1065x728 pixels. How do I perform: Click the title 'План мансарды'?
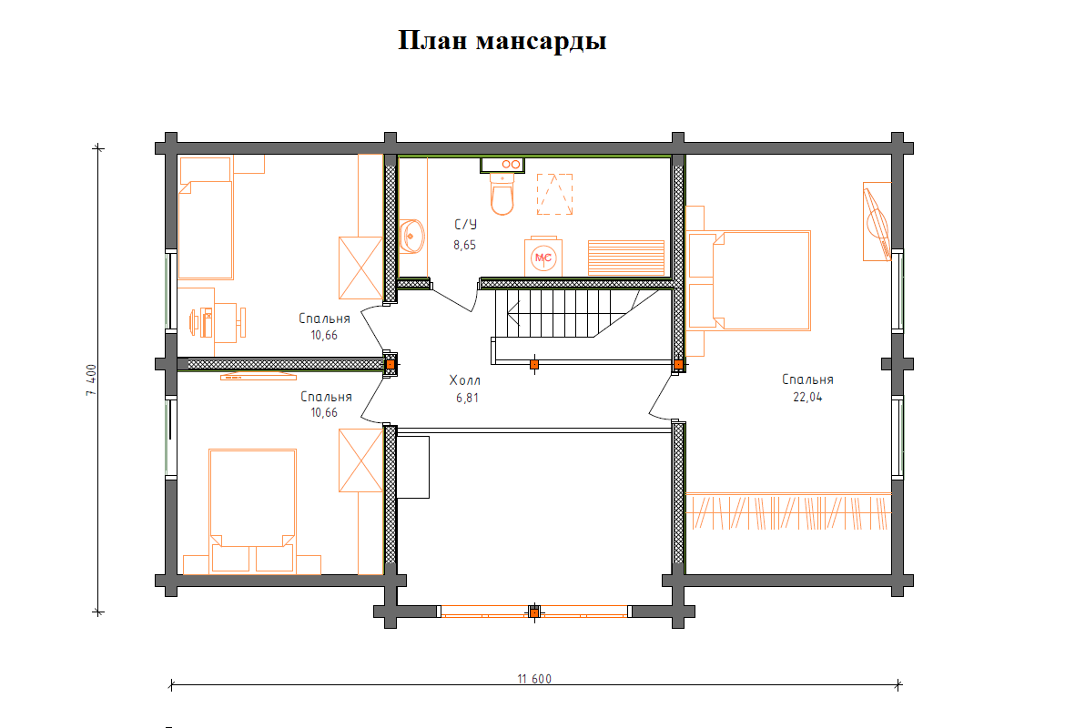pyautogui.click(x=502, y=41)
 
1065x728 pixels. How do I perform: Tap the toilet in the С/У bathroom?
pyautogui.click(x=502, y=195)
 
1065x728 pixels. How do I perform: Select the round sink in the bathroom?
pyautogui.click(x=411, y=236)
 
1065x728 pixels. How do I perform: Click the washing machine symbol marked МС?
pyautogui.click(x=543, y=258)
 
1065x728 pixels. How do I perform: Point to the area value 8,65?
pyautogui.click(x=464, y=245)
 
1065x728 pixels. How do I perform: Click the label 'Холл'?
pyautogui.click(x=464, y=380)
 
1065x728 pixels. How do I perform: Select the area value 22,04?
pyautogui.click(x=807, y=398)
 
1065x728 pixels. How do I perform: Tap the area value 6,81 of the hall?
pyautogui.click(x=467, y=398)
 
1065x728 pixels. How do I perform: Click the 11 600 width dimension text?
pyautogui.click(x=534, y=679)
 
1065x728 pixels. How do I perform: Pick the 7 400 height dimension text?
pyautogui.click(x=92, y=380)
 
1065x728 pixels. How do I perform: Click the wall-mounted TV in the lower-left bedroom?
pyautogui.click(x=259, y=376)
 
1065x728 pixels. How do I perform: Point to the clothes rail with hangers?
pyautogui.click(x=788, y=511)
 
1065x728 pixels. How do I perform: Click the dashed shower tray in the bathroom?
pyautogui.click(x=555, y=194)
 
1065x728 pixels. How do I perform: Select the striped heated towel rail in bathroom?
pyautogui.click(x=626, y=258)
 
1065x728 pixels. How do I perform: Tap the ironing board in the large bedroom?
pyautogui.click(x=877, y=221)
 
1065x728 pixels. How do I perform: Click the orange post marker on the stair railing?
pyautogui.click(x=534, y=365)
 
